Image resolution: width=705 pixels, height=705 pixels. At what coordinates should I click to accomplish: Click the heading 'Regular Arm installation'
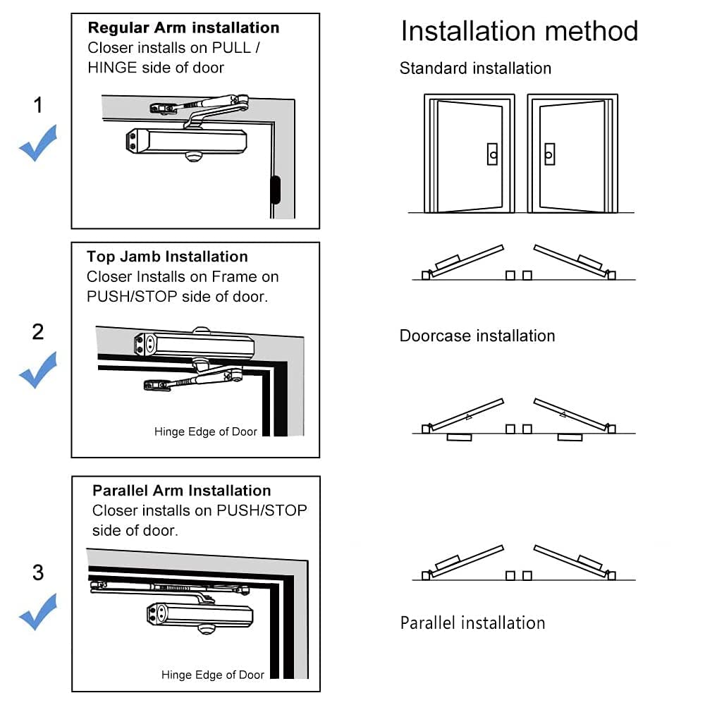coord(183,28)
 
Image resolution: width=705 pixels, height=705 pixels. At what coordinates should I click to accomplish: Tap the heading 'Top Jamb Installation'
coord(167,257)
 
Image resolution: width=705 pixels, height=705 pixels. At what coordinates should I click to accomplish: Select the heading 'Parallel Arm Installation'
coord(181,491)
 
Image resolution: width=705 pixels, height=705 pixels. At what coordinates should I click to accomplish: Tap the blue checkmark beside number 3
coord(37,611)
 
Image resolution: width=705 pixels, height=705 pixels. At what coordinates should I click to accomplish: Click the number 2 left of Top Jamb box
coord(38,331)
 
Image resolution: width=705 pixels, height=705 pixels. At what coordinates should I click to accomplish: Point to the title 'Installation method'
coord(519,32)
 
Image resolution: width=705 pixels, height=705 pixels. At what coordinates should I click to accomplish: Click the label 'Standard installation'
coord(475,68)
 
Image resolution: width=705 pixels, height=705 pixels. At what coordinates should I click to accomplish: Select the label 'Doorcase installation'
coord(477,336)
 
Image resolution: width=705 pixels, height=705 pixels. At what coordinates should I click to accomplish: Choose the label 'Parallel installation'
coord(472,623)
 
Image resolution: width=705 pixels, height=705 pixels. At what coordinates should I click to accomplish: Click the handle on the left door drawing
coord(492,154)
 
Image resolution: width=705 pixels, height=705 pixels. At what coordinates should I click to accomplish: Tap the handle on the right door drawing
coord(549,154)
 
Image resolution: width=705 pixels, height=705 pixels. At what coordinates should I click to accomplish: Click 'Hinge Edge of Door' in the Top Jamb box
coord(206,431)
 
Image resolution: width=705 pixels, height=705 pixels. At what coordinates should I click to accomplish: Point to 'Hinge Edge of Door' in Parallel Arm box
coord(213,675)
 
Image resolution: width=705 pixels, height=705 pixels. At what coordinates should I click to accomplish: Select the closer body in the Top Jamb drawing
coord(194,345)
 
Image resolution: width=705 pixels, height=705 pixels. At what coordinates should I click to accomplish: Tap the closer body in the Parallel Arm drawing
coord(200,614)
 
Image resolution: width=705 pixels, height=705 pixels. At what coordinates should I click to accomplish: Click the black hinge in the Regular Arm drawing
coord(274,189)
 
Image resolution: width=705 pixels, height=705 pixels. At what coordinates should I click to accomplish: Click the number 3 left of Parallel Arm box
coord(38,572)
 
